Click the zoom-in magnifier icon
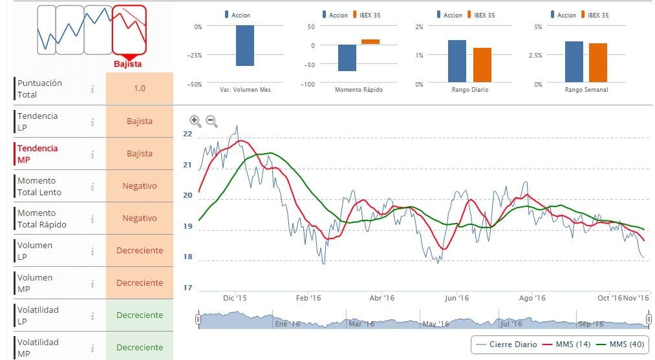[x=195, y=120]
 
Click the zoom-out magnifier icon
[x=211, y=120]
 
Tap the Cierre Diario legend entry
[x=506, y=344]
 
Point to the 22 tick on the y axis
[x=188, y=134]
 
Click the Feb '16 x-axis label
[x=308, y=298]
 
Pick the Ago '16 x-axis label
[x=532, y=298]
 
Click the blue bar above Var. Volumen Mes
[x=245, y=45]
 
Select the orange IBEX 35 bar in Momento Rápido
[x=370, y=41]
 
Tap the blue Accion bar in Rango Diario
[x=457, y=61]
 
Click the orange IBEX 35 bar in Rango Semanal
[x=598, y=62]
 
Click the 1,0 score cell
[x=140, y=89]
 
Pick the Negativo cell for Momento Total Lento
[x=140, y=186]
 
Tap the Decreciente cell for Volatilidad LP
[x=140, y=315]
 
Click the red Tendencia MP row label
[x=38, y=154]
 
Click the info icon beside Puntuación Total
[x=92, y=89]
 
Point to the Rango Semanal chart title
[x=586, y=90]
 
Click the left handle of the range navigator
[x=198, y=319]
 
